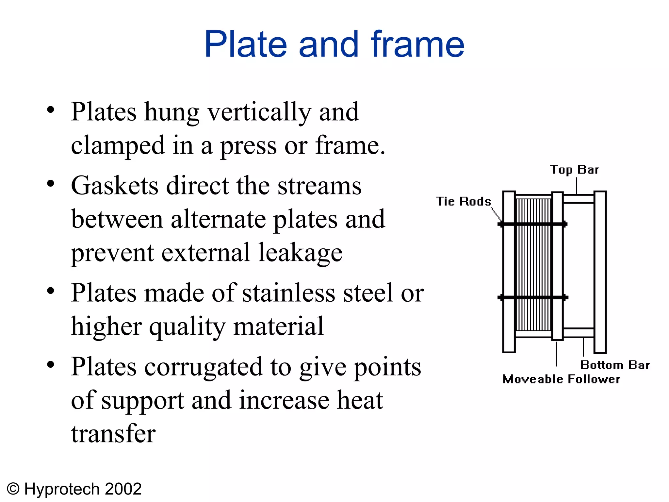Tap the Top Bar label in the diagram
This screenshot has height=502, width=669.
pos(574,170)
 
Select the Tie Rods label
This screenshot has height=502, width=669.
pos(463,201)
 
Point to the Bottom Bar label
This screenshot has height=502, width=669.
pos(615,365)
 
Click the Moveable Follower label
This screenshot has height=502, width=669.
pos(561,379)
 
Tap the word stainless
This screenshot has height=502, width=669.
pos(288,293)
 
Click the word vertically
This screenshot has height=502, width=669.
pos(260,112)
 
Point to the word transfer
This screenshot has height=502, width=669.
pos(113,434)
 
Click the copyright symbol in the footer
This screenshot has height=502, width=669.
pos(13,489)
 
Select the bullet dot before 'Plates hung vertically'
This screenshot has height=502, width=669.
pos(50,110)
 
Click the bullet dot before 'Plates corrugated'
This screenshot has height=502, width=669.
pos(50,364)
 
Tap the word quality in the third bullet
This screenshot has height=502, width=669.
pos(187,326)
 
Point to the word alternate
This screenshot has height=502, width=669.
pos(218,219)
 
